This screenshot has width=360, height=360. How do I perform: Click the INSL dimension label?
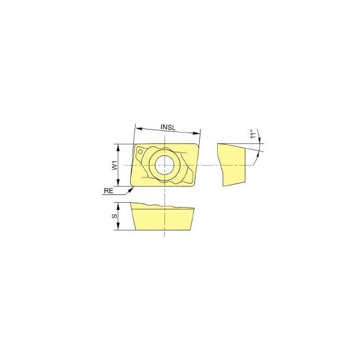click(x=168, y=127)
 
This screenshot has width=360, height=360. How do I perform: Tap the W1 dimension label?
click(x=115, y=166)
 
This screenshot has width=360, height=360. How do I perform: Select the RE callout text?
click(x=109, y=191)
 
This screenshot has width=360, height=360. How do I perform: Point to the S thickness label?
click(x=115, y=216)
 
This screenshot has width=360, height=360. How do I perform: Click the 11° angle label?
click(x=253, y=134)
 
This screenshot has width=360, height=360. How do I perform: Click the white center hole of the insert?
click(x=164, y=165)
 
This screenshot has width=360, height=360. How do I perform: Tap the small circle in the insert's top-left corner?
click(x=140, y=152)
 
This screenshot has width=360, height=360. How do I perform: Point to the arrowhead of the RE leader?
click(x=131, y=190)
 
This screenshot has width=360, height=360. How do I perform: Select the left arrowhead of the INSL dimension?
click(x=139, y=128)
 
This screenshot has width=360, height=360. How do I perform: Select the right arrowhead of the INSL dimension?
click(x=196, y=133)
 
